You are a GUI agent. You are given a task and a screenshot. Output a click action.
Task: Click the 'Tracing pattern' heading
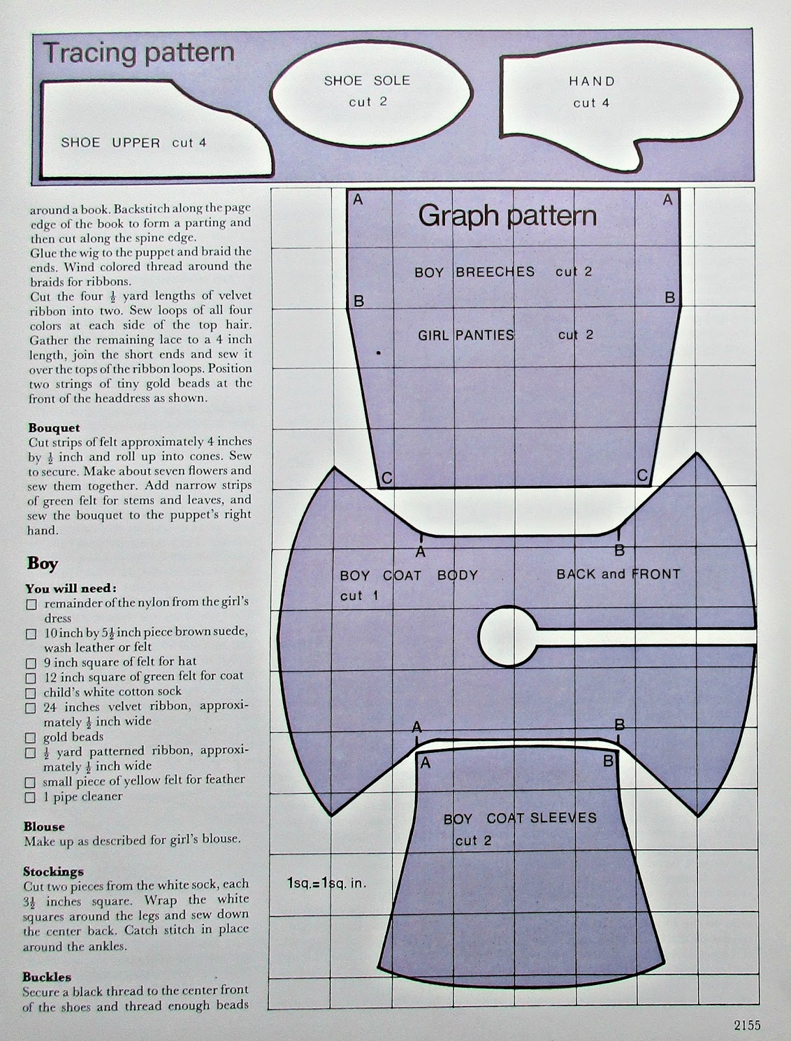point(139,53)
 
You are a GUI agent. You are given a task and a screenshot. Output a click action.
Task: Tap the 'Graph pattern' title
point(507,215)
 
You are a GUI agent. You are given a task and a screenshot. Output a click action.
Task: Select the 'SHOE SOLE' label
point(367,81)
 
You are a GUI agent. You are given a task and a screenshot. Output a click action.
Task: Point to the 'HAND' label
point(591,81)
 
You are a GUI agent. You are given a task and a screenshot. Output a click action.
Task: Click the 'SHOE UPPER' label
point(111,142)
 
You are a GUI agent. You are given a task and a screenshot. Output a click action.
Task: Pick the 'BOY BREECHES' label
point(474,272)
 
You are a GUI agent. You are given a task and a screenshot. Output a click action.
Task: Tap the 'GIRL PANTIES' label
point(466,335)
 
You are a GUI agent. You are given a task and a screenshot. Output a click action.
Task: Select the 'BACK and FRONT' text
point(618,574)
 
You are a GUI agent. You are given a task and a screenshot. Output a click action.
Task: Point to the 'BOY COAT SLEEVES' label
point(520,818)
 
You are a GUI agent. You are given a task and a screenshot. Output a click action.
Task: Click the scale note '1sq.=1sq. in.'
point(327,884)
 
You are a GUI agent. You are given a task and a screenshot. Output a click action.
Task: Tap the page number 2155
point(747,1025)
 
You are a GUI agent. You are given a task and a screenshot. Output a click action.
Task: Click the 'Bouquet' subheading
point(54,427)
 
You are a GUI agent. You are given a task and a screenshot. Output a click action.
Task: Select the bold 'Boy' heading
point(42,563)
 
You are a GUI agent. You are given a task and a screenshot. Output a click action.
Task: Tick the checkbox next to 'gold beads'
point(31,738)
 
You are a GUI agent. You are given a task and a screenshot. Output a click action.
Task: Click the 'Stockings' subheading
point(53,871)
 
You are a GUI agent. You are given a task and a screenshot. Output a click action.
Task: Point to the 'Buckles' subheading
point(47,977)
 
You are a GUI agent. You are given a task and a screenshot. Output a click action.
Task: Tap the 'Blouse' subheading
point(44,826)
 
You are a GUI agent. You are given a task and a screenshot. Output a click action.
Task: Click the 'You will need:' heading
point(71,588)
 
